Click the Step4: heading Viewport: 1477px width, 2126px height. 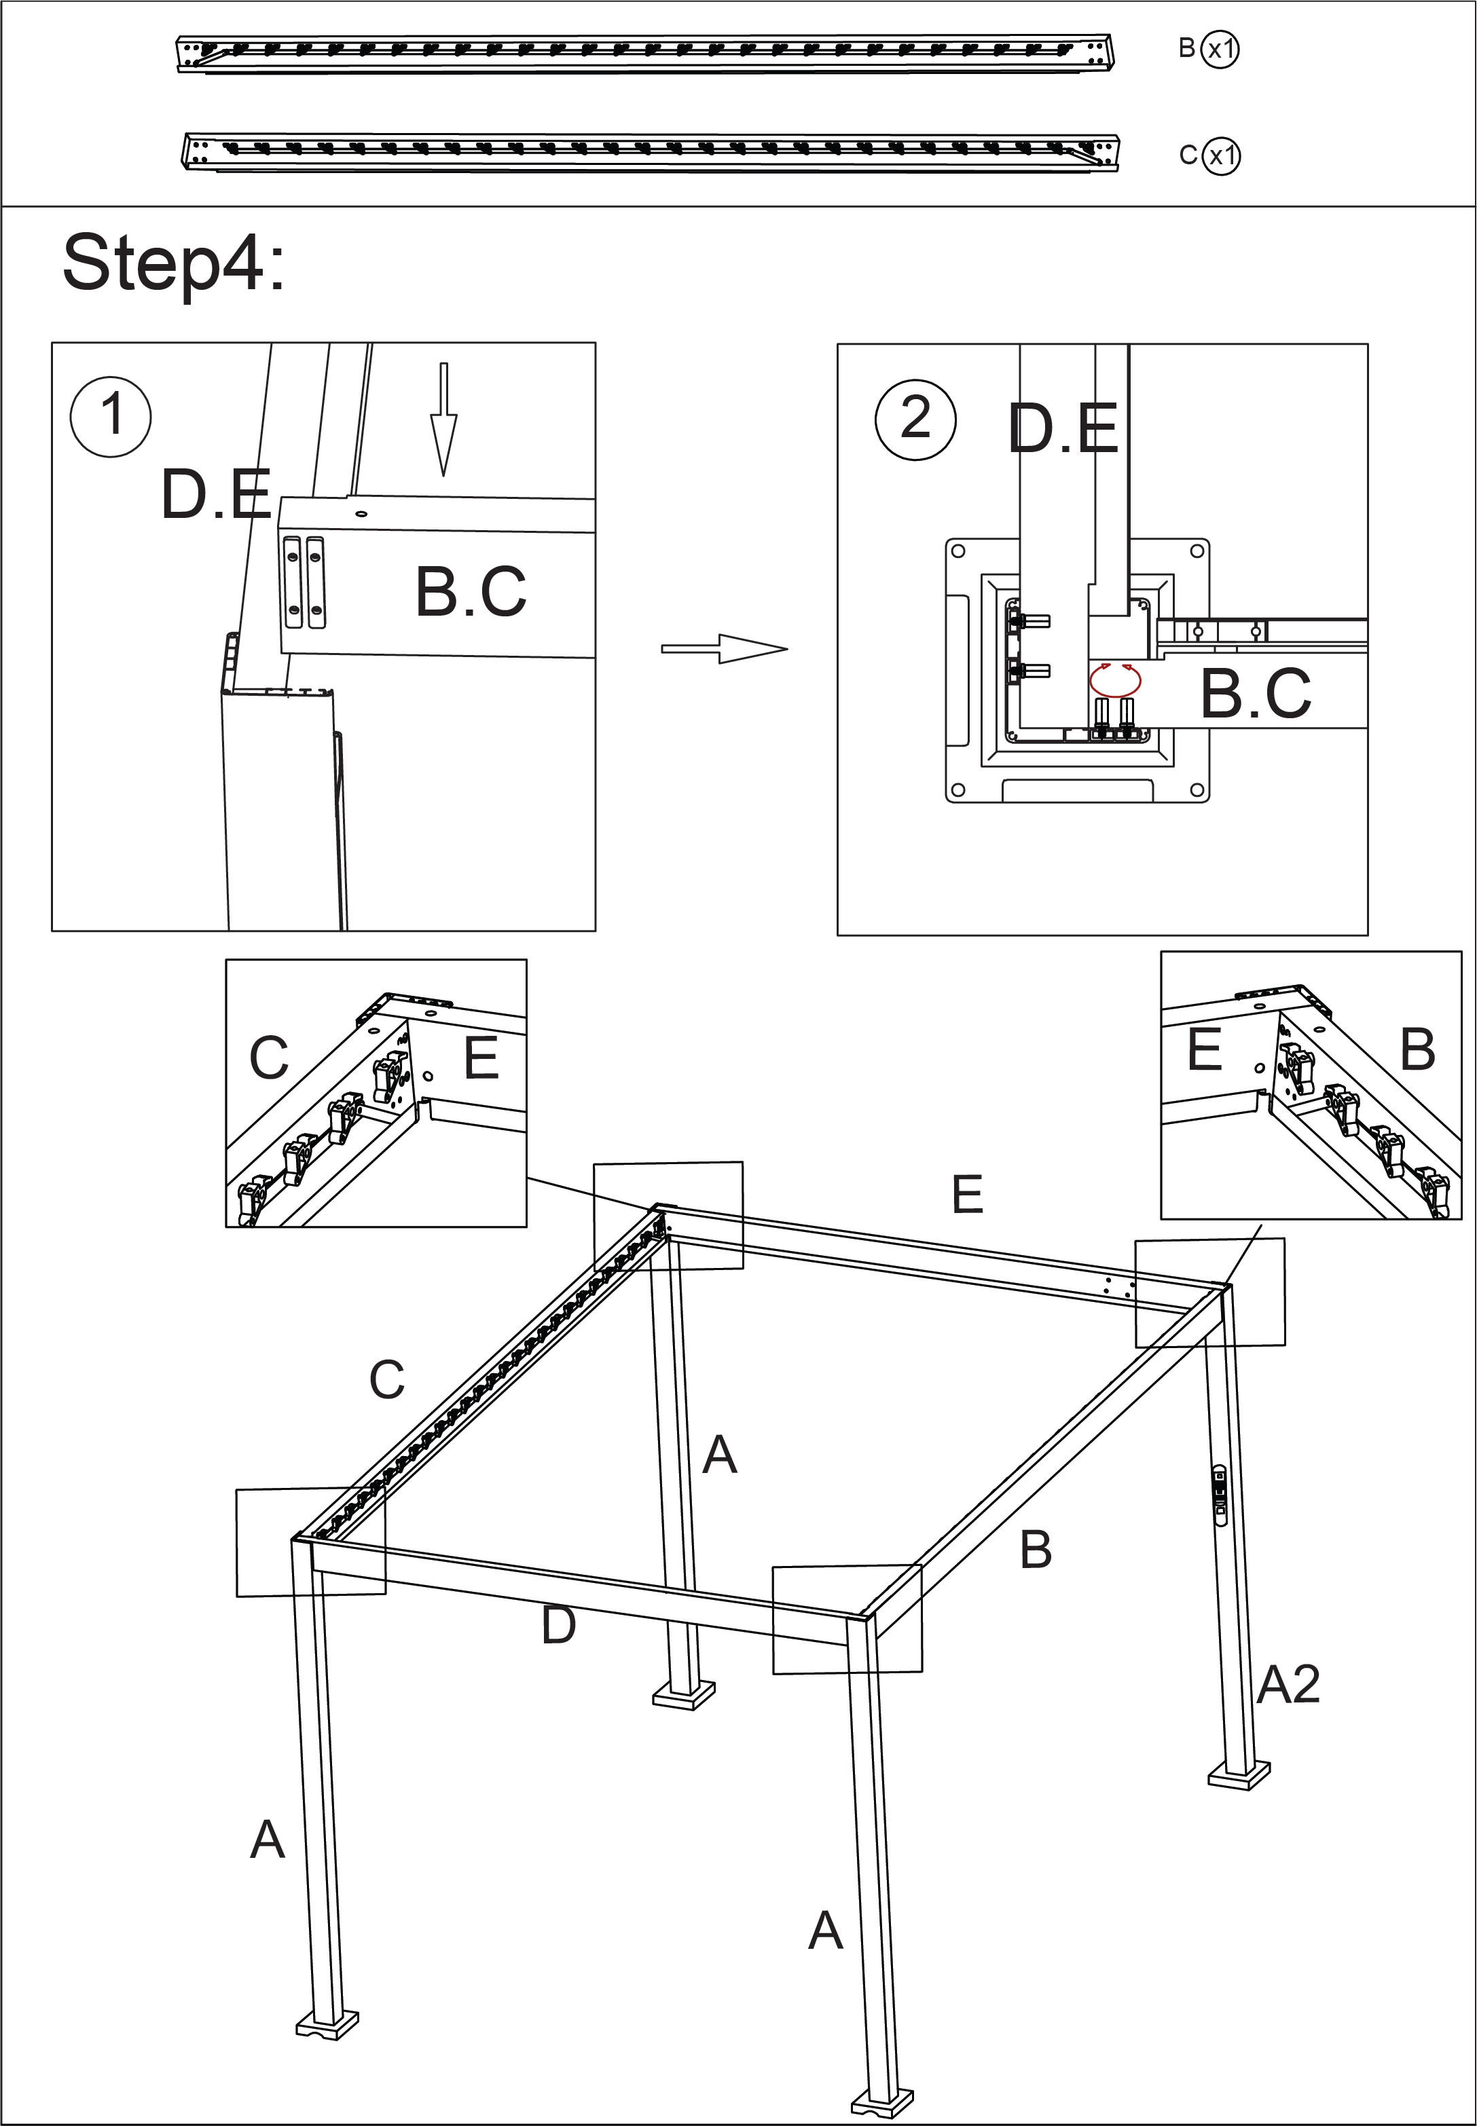click(173, 263)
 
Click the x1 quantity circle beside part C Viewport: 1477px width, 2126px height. click(1222, 155)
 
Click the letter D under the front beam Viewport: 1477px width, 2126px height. click(559, 1626)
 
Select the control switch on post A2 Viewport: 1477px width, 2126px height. click(1219, 1491)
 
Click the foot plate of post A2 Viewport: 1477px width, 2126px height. click(1238, 1774)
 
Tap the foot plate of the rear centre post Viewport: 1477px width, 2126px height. click(683, 1695)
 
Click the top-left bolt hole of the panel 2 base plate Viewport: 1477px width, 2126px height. click(959, 551)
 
